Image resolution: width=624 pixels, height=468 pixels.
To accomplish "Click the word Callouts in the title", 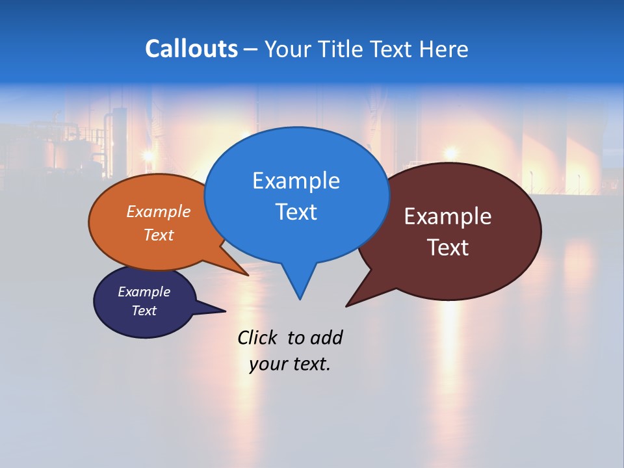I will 191,49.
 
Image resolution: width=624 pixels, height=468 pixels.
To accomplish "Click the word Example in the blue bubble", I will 296,181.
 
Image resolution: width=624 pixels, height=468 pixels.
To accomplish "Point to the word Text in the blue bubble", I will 296,212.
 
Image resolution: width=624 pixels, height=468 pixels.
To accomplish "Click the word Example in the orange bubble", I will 159,211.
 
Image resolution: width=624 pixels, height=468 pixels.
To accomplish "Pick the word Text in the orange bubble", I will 159,235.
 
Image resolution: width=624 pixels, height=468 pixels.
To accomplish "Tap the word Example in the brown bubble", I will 448,216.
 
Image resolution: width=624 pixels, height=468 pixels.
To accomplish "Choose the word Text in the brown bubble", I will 448,248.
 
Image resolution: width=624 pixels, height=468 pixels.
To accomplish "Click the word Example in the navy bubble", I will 144,292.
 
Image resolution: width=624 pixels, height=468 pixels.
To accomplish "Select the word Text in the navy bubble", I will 144,311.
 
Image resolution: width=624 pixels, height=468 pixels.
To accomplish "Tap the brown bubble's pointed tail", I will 352,302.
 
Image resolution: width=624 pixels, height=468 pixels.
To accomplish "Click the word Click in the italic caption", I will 258,338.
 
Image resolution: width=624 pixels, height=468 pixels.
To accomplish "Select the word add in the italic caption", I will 326,338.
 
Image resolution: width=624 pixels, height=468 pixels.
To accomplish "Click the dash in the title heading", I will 251,49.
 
